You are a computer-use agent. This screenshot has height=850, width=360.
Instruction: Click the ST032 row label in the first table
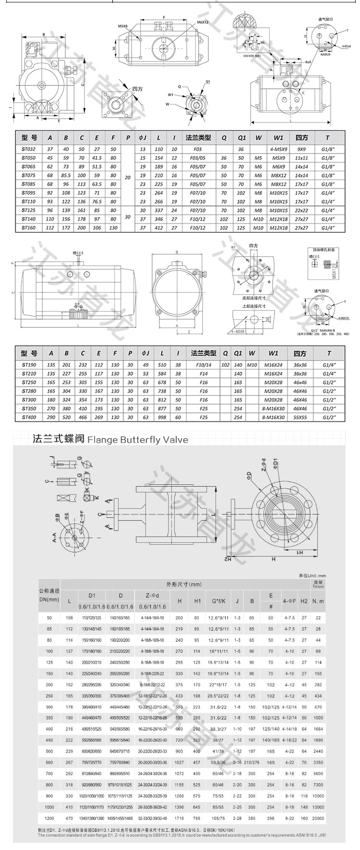[29, 149]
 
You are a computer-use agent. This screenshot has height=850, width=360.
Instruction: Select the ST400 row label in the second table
[29, 418]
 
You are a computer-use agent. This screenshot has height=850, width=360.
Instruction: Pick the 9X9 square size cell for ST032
[301, 149]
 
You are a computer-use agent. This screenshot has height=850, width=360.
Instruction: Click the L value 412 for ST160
[158, 228]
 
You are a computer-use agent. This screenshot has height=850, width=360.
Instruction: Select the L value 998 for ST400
[162, 418]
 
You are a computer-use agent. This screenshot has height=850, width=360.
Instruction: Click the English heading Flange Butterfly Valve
[138, 439]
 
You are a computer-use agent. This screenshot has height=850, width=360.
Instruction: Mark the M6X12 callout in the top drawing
[203, 23]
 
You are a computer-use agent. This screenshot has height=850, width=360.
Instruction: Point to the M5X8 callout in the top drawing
[124, 26]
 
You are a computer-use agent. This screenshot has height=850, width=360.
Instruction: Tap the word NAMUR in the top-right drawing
[326, 54]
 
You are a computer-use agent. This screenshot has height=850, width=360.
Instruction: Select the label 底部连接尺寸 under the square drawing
[252, 298]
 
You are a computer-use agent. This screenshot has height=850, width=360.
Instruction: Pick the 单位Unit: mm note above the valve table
[312, 575]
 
